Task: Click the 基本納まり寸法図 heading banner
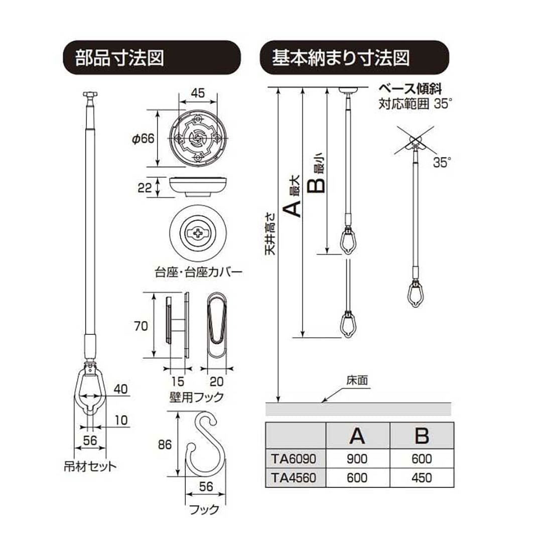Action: (353, 58)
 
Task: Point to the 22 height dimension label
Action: (144, 188)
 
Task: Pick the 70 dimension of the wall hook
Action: (141, 326)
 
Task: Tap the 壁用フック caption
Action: (196, 397)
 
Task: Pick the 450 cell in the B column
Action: (422, 477)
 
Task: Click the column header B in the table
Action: (422, 436)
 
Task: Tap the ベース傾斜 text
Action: (409, 90)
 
